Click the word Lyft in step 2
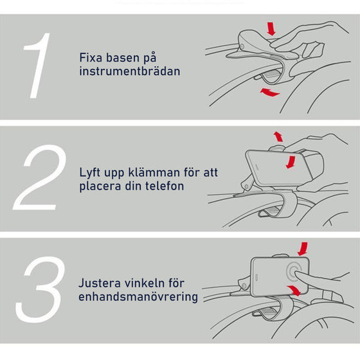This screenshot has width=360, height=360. coord(91,173)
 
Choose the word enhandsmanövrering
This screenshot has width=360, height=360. coord(138,298)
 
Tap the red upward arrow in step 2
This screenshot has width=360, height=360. coord(278,136)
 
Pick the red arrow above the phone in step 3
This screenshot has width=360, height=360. coord(303,248)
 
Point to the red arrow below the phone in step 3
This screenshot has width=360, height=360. coord(296,291)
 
